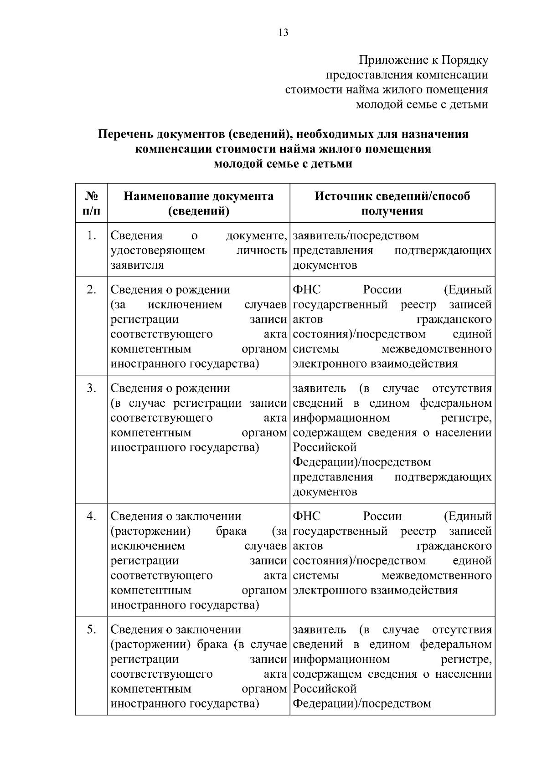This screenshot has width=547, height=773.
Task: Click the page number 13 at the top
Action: pyautogui.click(x=283, y=33)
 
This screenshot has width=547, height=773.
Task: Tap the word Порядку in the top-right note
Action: pyautogui.click(x=465, y=60)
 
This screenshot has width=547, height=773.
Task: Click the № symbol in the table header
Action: pyautogui.click(x=92, y=196)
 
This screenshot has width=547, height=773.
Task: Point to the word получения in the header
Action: pyautogui.click(x=392, y=211)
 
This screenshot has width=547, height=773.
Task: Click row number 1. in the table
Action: pyautogui.click(x=92, y=235)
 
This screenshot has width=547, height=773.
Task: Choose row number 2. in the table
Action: pyautogui.click(x=92, y=290)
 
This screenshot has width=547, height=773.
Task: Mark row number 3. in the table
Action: pyautogui.click(x=92, y=388)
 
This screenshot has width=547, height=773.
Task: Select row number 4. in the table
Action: pyautogui.click(x=92, y=516)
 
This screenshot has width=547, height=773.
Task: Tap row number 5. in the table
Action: pyautogui.click(x=92, y=630)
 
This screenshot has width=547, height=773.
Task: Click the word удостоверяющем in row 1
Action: pyautogui.click(x=158, y=251)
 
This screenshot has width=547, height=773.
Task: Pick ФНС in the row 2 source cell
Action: pyautogui.click(x=306, y=290)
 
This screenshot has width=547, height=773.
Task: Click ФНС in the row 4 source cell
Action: pyautogui.click(x=306, y=516)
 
